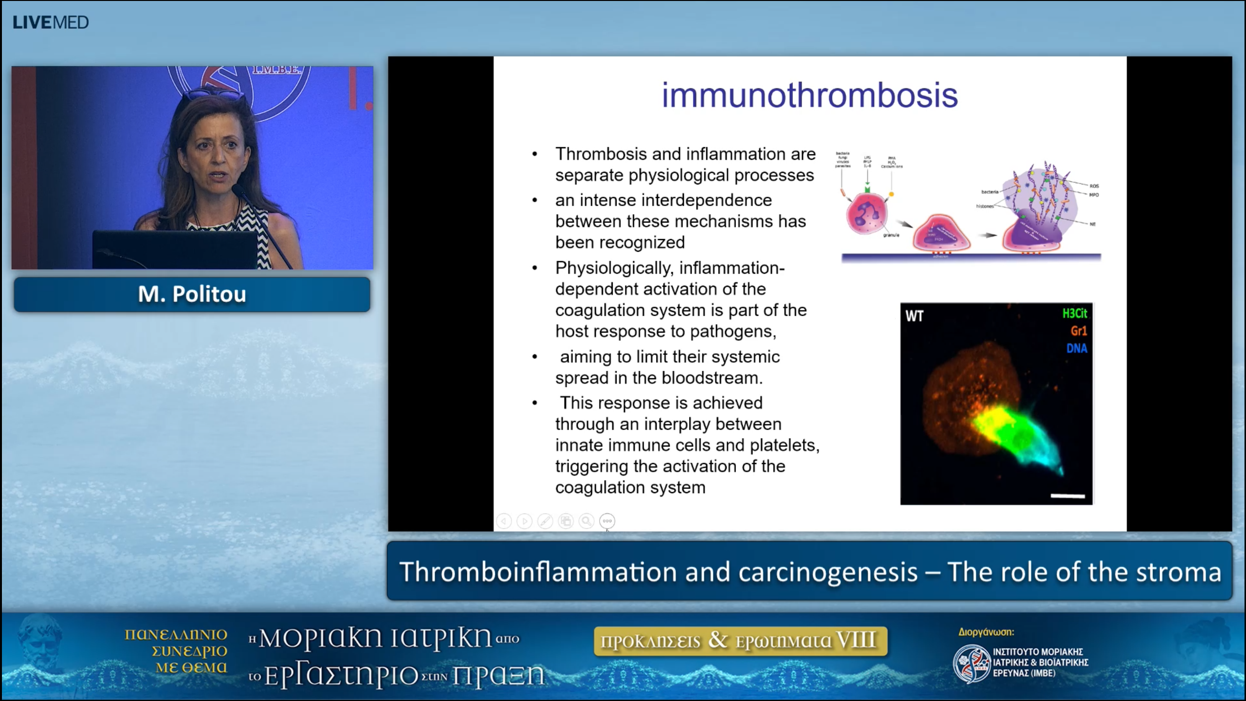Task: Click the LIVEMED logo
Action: tap(51, 22)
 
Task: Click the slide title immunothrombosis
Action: tap(809, 95)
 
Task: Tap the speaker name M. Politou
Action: tap(192, 294)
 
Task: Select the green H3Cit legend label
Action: tap(1074, 314)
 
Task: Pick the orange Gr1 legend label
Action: tap(1078, 331)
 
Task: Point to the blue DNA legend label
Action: tap(1076, 349)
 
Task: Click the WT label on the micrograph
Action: tap(914, 316)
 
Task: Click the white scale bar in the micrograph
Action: tap(1067, 496)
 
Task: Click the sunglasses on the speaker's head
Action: tap(214, 93)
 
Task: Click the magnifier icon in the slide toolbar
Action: tap(586, 521)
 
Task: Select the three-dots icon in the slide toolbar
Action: tap(607, 521)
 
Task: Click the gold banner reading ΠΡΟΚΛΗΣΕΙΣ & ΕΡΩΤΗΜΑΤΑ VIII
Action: tap(740, 641)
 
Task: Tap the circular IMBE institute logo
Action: tap(971, 663)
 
